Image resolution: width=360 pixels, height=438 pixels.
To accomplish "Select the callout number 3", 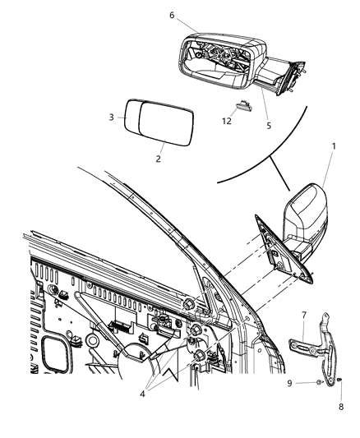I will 113,118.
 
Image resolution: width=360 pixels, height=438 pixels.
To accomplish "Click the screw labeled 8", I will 338,380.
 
